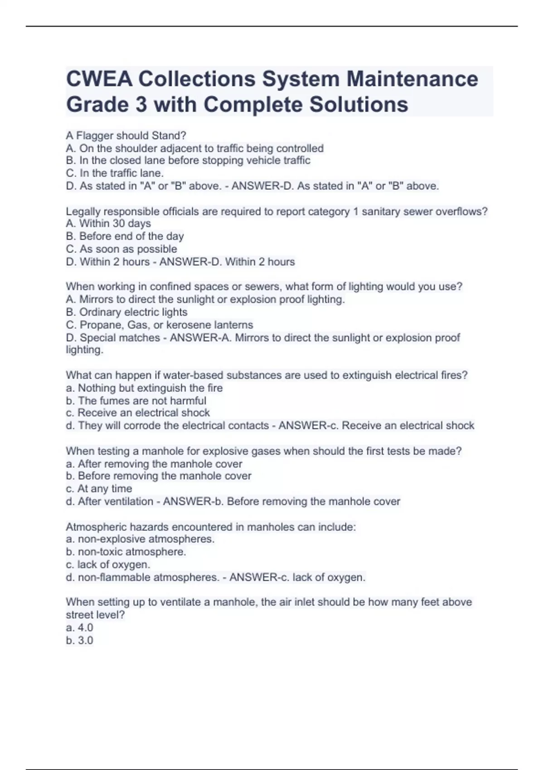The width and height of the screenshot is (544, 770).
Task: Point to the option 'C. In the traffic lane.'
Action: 115,173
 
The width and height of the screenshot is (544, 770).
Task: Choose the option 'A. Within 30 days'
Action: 108,223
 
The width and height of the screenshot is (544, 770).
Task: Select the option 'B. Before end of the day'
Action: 125,236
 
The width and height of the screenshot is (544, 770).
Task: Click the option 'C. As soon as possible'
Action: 121,249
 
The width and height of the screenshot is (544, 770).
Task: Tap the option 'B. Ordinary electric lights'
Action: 126,312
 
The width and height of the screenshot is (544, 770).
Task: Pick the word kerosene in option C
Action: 187,325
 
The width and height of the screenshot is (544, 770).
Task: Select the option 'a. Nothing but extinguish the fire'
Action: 144,388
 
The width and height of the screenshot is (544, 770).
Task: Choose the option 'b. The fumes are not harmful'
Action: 136,400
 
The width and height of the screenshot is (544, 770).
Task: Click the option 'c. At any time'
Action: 99,488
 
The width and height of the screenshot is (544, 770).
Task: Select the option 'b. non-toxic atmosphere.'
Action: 126,552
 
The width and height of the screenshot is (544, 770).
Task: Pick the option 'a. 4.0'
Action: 79,627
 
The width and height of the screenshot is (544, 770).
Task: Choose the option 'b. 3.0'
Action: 79,640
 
